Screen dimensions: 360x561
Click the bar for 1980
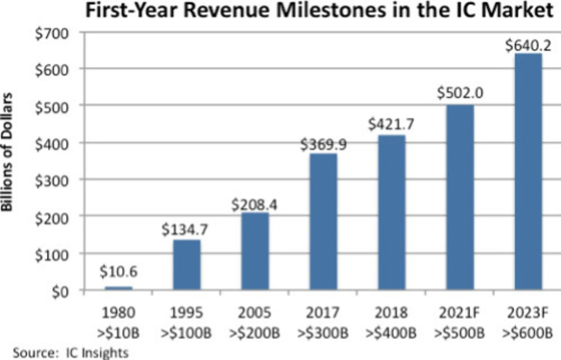tap(118, 288)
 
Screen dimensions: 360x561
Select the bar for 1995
tap(187, 264)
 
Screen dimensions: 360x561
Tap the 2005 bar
tap(255, 251)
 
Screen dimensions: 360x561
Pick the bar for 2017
tap(323, 221)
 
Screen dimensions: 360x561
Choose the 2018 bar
tap(392, 212)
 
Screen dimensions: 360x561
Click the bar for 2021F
tap(460, 197)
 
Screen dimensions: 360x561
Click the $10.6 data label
tap(118, 272)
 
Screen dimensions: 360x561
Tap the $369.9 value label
tap(323, 145)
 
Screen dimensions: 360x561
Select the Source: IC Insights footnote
tap(71, 352)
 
